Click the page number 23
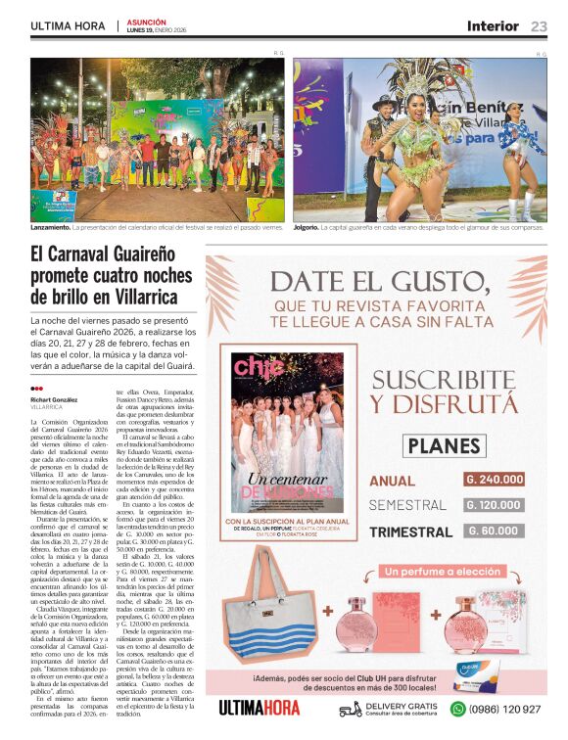540,26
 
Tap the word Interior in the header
493,26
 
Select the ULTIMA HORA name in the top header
69,26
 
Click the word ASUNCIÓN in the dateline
147,22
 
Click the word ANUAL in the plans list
393,481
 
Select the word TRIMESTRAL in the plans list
410,532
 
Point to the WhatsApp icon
457,709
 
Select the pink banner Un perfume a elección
444,571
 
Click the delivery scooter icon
350,709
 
